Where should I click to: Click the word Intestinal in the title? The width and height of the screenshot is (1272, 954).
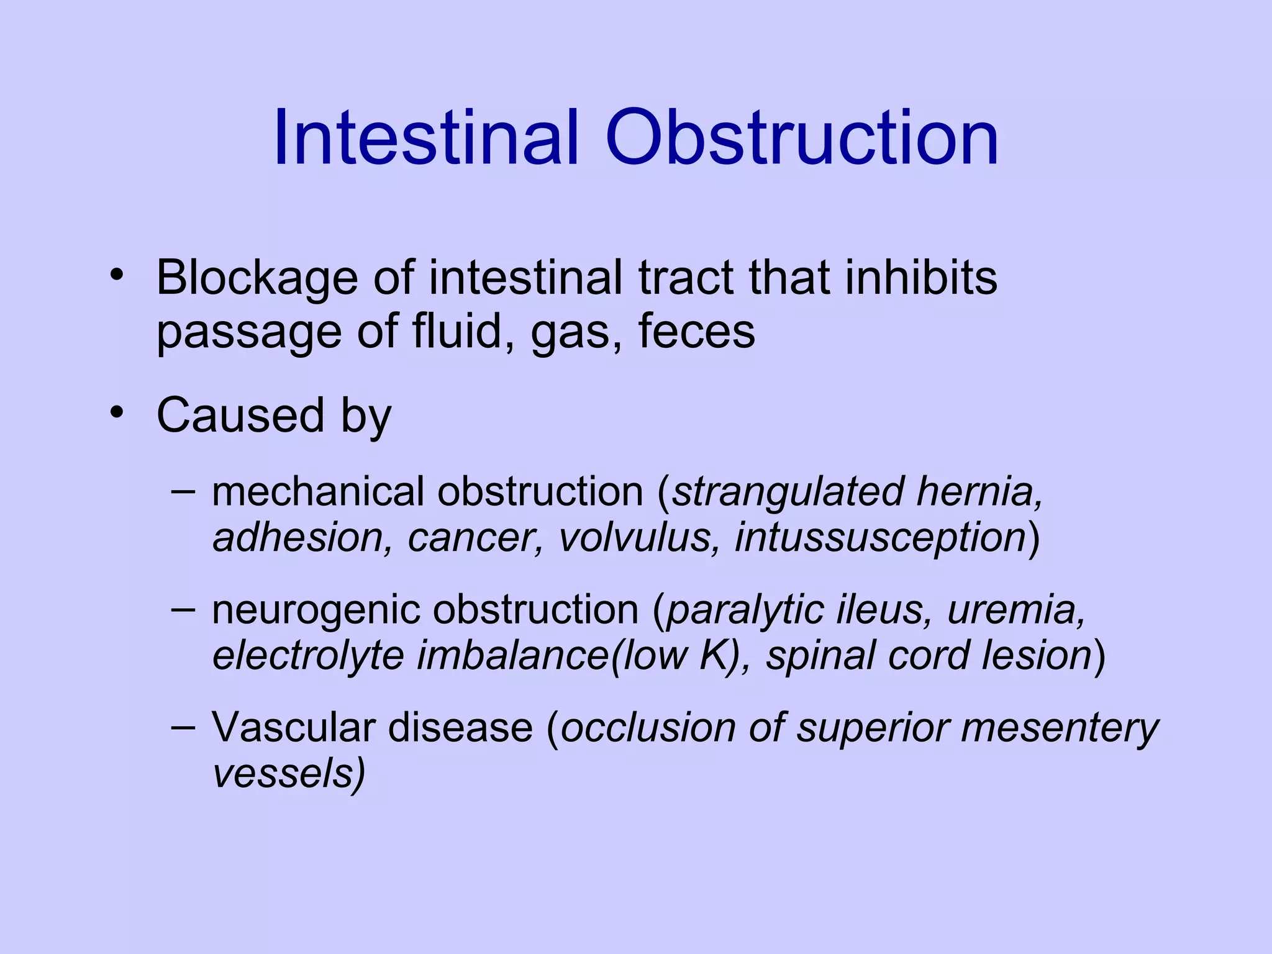[426, 138]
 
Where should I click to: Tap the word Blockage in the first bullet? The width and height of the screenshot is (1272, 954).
[257, 278]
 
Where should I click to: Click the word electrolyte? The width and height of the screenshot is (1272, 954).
[307, 656]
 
